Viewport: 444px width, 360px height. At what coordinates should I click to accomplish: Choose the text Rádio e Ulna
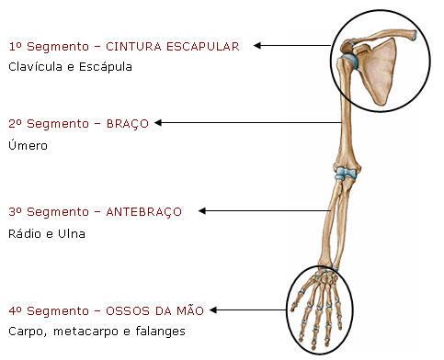[x=46, y=233]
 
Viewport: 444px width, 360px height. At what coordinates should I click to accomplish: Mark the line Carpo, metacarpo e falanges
[x=97, y=331]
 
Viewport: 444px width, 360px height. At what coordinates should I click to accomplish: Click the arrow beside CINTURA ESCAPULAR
[x=293, y=45]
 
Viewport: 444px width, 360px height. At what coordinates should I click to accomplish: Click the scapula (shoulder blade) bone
[x=379, y=69]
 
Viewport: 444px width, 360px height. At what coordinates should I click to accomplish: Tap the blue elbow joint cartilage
[x=343, y=173]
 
